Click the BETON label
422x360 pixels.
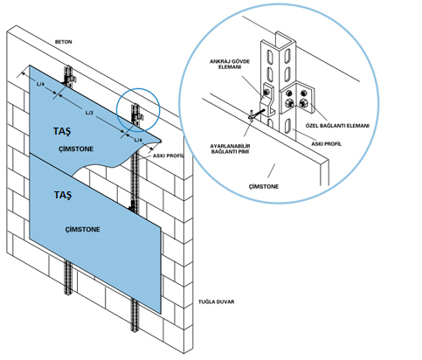[x=63, y=42]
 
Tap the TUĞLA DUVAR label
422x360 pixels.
[x=216, y=301]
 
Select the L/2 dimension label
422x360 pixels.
[x=89, y=113]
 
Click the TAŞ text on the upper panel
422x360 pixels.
[x=62, y=131]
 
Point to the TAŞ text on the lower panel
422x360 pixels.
[x=63, y=195]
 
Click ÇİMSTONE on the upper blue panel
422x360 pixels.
[x=76, y=149]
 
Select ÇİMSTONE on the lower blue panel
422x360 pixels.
[x=82, y=229]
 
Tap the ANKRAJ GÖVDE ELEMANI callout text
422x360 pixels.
[x=230, y=64]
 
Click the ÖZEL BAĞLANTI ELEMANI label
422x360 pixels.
[x=337, y=126]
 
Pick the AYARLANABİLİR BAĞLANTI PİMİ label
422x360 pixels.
[x=231, y=149]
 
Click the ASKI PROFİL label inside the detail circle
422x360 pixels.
[x=326, y=144]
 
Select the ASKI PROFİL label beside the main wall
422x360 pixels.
[x=169, y=156]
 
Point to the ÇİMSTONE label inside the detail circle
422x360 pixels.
[x=264, y=186]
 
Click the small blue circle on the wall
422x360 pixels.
[x=138, y=88]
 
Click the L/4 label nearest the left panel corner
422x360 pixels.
[x=40, y=84]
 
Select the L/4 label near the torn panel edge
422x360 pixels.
[x=138, y=140]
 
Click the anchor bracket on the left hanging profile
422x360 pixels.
[x=72, y=79]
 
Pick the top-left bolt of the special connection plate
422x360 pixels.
[x=289, y=93]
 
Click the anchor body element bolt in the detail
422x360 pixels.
[x=266, y=93]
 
